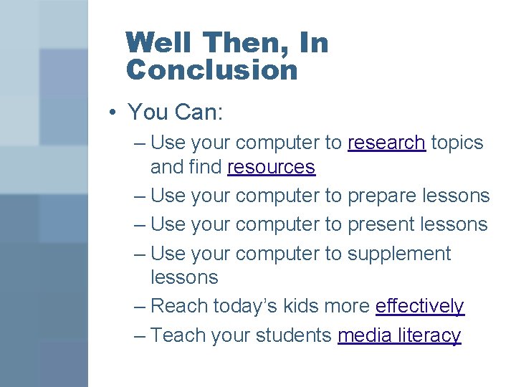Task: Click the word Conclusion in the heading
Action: (211, 70)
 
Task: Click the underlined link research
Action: (386, 143)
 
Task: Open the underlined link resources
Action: (271, 167)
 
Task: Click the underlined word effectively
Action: (419, 306)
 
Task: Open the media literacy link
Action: (399, 335)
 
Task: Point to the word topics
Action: (457, 143)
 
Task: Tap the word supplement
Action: (399, 254)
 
